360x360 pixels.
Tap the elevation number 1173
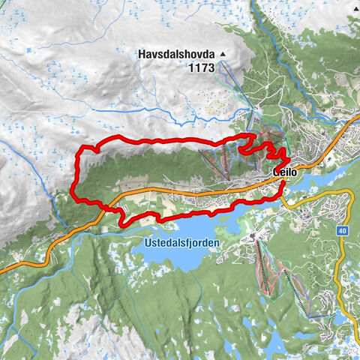(200, 67)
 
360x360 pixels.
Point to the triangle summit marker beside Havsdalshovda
(222, 54)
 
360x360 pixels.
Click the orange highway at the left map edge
(2, 268)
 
